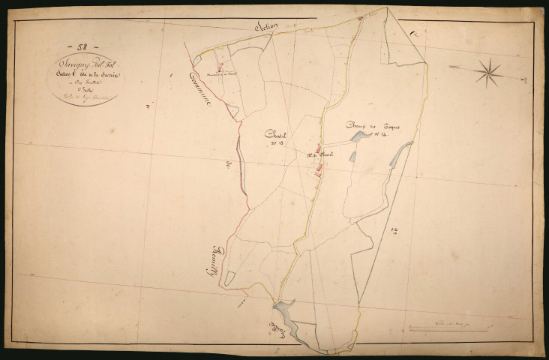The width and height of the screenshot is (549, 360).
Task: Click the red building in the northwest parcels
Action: pos(220,66)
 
